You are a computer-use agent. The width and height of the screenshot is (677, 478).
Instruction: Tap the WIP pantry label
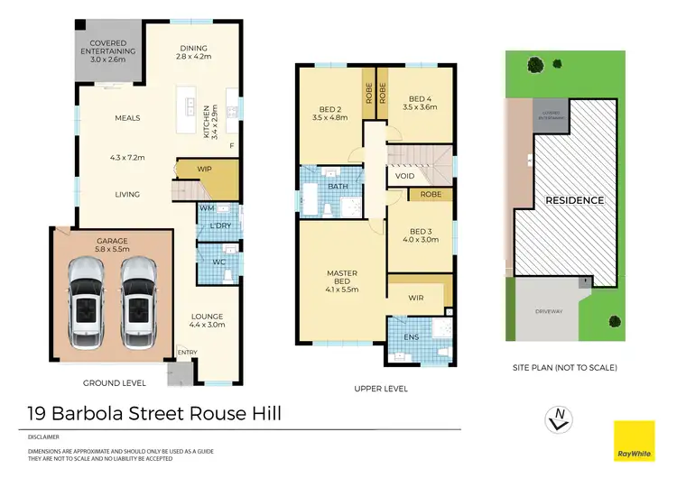click(204, 168)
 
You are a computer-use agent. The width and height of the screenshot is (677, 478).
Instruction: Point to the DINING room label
click(194, 49)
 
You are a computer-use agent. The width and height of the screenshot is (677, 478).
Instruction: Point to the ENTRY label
click(188, 353)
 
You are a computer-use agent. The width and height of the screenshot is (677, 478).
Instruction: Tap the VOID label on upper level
click(405, 176)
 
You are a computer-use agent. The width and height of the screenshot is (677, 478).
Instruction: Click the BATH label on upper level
click(338, 187)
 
